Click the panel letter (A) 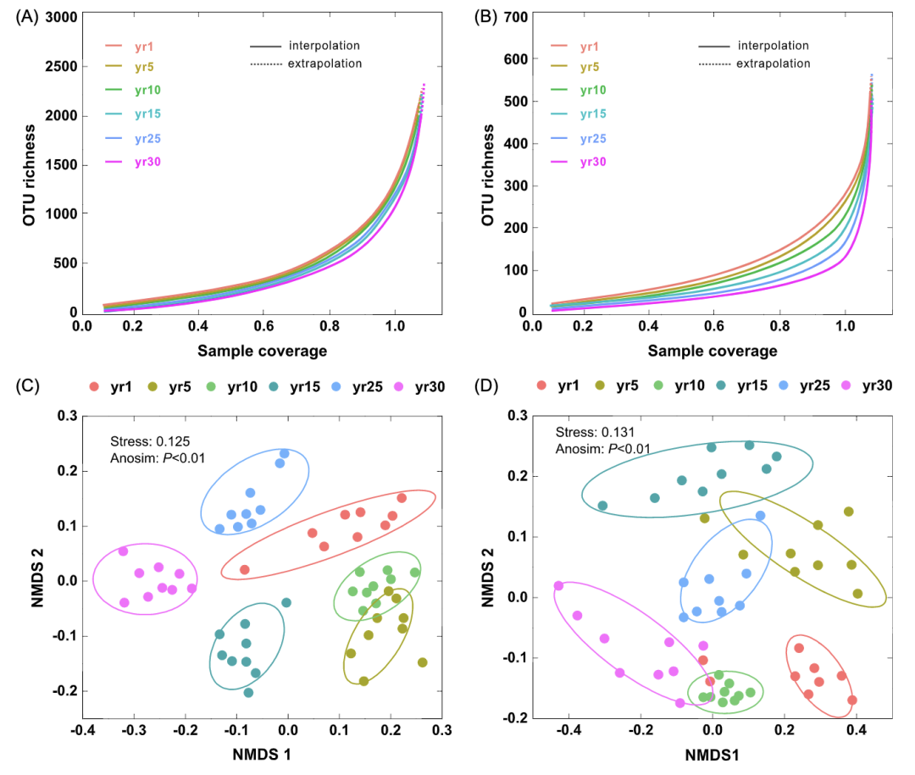coord(27,18)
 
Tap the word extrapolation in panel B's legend coord(773,64)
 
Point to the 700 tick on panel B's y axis coord(515,18)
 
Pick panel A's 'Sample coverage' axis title coord(262,350)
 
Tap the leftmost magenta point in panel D coord(558,586)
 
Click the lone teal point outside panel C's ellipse coord(286,603)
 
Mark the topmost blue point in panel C coord(285,454)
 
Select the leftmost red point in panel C coord(244,570)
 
